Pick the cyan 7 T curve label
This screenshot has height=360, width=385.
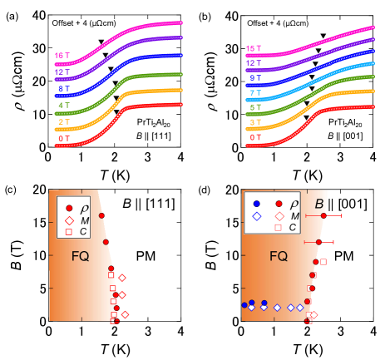(x=255, y=93)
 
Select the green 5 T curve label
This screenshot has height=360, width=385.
(x=255, y=107)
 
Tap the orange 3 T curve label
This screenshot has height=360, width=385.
(x=255, y=122)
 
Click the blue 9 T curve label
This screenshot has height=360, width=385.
(x=255, y=78)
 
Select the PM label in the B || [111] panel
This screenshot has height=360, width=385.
(x=151, y=258)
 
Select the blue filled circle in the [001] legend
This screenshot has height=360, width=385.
(x=256, y=203)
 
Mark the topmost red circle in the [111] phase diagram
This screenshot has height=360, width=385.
(x=101, y=216)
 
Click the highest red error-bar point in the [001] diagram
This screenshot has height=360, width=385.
(x=323, y=216)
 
